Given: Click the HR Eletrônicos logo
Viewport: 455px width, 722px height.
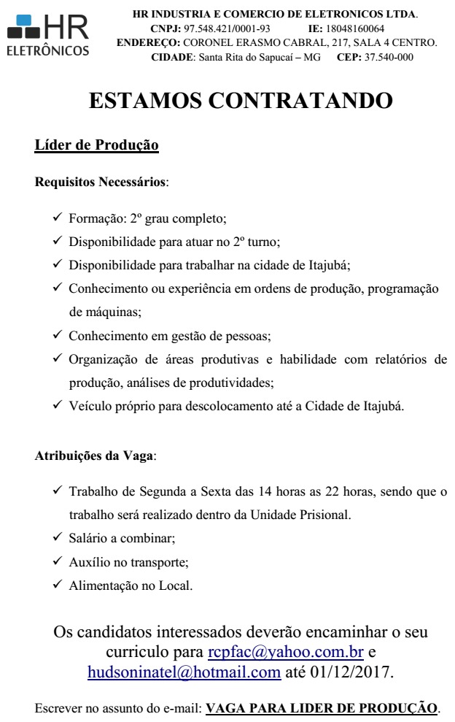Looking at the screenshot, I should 48,35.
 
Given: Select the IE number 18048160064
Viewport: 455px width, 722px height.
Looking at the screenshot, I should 355,28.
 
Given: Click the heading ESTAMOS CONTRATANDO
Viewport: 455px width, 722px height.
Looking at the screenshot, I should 241,100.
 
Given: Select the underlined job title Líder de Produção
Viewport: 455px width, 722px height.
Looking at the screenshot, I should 97,145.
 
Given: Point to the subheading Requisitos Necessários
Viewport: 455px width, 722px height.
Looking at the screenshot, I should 101,180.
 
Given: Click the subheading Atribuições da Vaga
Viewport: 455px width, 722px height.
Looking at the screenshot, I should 95,456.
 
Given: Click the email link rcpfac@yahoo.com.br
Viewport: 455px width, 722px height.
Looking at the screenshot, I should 285,651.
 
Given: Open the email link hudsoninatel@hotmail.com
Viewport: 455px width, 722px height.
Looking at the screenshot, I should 184,672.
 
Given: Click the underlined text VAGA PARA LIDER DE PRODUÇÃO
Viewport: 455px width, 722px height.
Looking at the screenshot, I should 322,707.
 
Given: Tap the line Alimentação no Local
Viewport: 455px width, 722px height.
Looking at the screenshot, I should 131,585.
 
